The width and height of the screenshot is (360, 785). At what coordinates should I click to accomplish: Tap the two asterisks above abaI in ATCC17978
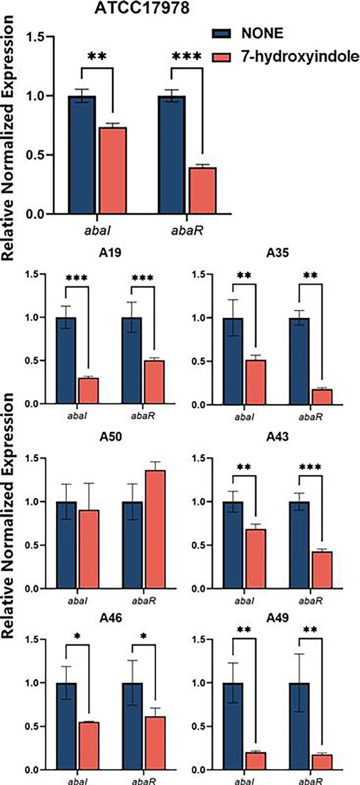[x=97, y=57]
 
